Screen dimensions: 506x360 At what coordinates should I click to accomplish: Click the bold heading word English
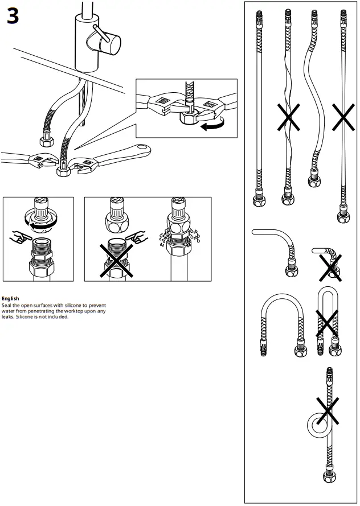tap(10, 298)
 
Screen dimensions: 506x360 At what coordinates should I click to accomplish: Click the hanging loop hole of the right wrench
tap(142, 150)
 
